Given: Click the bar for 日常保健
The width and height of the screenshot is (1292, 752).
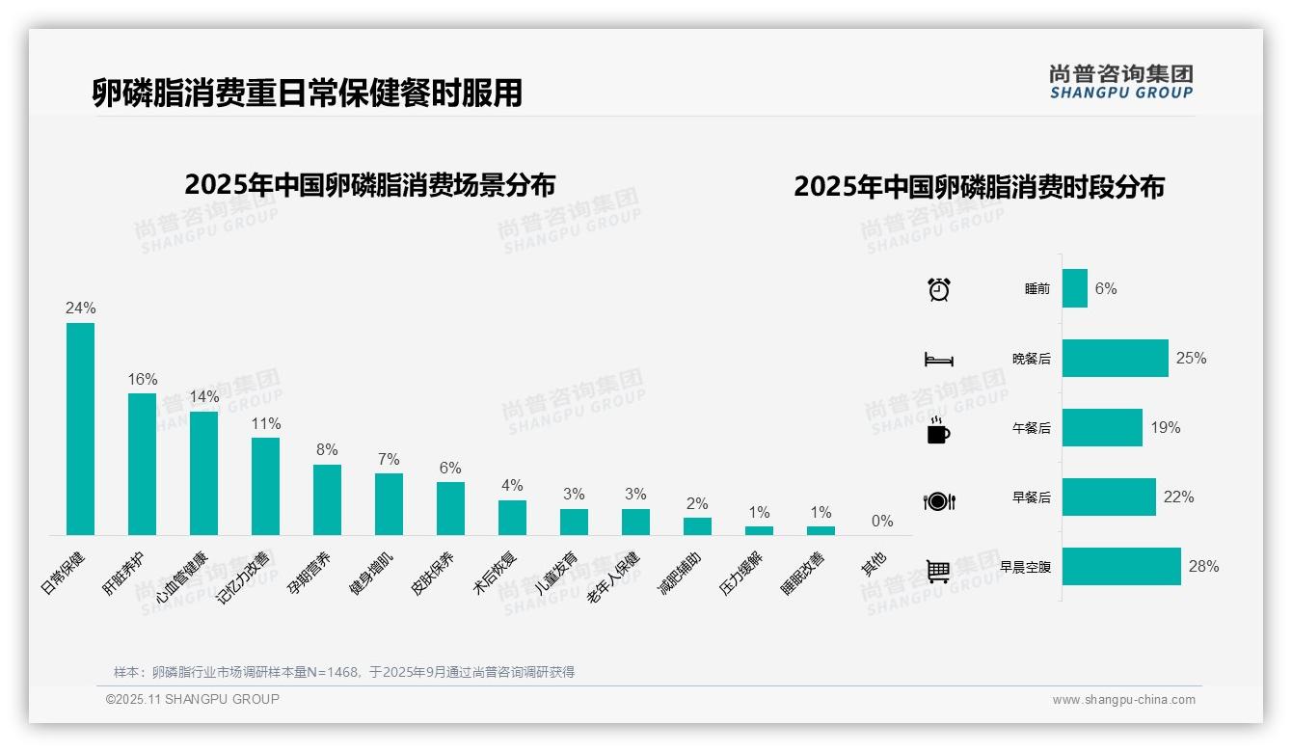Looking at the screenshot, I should pyautogui.click(x=80, y=428).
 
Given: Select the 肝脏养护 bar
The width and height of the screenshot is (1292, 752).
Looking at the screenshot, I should pyautogui.click(x=142, y=464).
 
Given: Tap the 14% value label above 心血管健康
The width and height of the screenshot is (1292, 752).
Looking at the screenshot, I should pyautogui.click(x=203, y=396).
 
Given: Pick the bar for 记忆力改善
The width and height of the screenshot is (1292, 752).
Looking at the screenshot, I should pyautogui.click(x=265, y=486).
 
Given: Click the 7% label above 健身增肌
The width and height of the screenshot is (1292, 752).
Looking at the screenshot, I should pyautogui.click(x=389, y=459).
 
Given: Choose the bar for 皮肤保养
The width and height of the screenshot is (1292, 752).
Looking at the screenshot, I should pyautogui.click(x=450, y=508).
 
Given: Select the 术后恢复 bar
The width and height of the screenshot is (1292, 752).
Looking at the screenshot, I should pyautogui.click(x=512, y=518).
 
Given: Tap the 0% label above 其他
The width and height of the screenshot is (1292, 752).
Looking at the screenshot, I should pyautogui.click(x=882, y=521).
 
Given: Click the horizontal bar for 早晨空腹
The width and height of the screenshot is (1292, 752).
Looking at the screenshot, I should pyautogui.click(x=1121, y=567).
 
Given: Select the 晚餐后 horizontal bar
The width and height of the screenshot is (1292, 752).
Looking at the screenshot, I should pyautogui.click(x=1115, y=358).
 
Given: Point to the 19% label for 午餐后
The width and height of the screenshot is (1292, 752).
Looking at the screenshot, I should pyautogui.click(x=1165, y=427).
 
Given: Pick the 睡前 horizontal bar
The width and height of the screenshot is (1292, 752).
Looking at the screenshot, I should pyautogui.click(x=1075, y=288).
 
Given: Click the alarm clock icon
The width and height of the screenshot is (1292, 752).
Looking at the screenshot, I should pyautogui.click(x=938, y=288).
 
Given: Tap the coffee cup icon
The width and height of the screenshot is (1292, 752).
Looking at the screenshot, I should pyautogui.click(x=938, y=430).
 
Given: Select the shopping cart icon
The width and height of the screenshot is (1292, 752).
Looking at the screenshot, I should pyautogui.click(x=938, y=571).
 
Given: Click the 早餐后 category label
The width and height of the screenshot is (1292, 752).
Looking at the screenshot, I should pyautogui.click(x=1031, y=497).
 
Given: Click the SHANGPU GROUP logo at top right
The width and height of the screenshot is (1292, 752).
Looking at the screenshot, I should pyautogui.click(x=1120, y=81).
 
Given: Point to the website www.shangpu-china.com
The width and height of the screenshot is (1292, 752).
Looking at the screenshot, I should pyautogui.click(x=1123, y=700).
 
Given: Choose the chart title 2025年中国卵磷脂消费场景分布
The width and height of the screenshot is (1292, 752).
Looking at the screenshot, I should pyautogui.click(x=369, y=184).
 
